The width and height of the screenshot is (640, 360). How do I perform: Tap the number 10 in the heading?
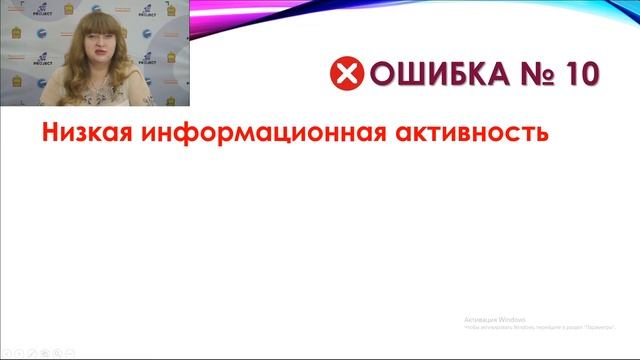tap(577, 74)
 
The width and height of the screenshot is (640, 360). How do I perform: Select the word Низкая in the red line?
tap(83, 131)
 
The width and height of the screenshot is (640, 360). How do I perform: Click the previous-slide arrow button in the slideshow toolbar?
tap(7, 352)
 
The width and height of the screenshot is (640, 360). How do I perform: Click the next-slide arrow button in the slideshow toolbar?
tap(20, 352)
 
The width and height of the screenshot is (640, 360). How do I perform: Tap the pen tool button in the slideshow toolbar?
tap(33, 352)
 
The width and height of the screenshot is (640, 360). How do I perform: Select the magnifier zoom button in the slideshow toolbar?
tap(59, 352)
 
